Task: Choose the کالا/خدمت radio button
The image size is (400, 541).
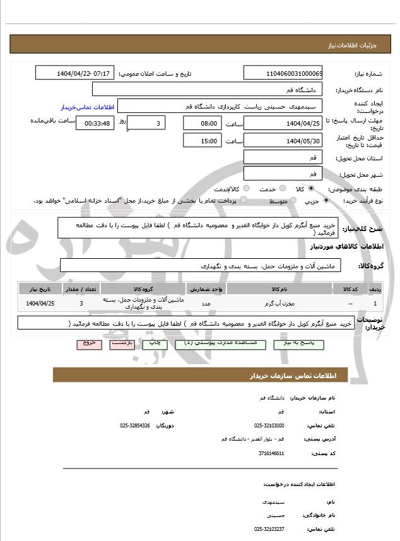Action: (x=245, y=188)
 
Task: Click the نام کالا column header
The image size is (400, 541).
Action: (x=278, y=288)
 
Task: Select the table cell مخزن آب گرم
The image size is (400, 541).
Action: (x=278, y=304)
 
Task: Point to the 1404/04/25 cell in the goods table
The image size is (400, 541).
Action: (x=41, y=304)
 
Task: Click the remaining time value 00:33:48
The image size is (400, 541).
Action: (x=95, y=123)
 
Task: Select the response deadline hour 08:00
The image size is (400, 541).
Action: (x=202, y=123)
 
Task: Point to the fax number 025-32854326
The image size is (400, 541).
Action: (x=135, y=425)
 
